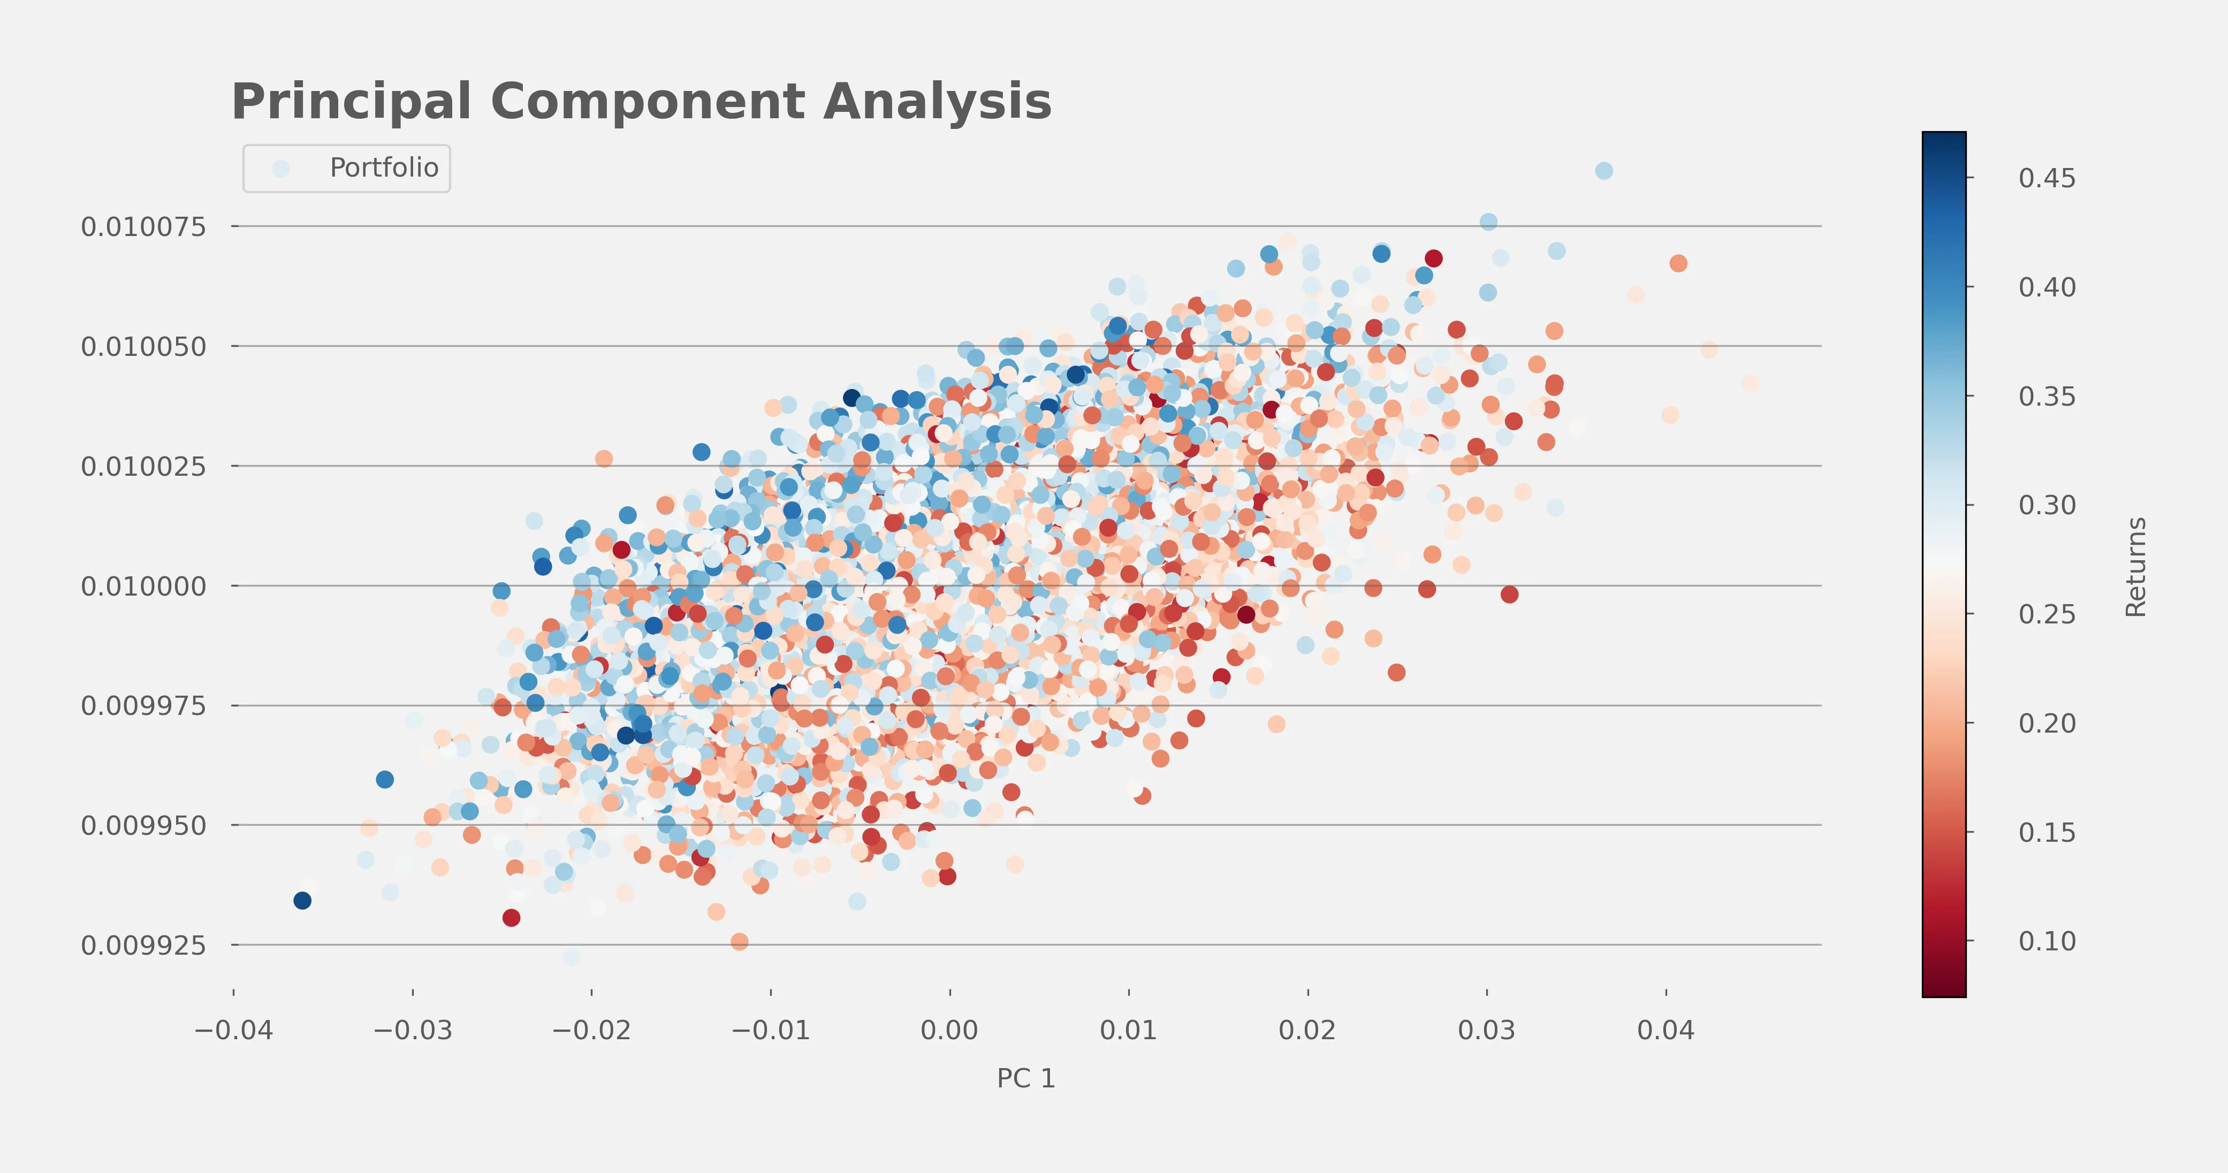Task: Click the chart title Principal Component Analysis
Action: point(641,102)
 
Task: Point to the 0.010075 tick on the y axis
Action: point(143,227)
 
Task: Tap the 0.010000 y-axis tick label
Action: point(143,586)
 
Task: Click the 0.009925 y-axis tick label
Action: point(143,946)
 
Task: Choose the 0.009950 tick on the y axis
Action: point(143,826)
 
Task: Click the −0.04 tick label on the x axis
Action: point(233,1030)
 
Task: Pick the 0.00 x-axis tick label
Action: point(949,1030)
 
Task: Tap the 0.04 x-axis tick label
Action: point(1666,1030)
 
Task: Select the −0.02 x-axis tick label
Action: point(591,1030)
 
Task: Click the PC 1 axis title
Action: point(1026,1079)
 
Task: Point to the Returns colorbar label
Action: point(2135,567)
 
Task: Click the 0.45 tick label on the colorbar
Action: point(2047,178)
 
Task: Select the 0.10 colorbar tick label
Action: point(2047,941)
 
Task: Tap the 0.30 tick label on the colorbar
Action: point(2047,505)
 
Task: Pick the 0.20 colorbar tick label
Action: point(2047,723)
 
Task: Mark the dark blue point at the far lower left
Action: point(302,901)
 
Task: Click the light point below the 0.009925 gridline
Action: point(571,957)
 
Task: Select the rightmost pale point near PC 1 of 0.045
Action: point(1750,383)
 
